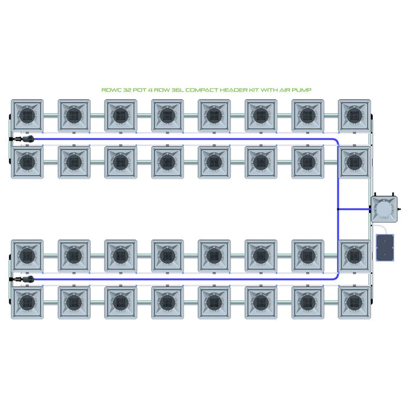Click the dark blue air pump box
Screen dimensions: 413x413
tap(385, 248)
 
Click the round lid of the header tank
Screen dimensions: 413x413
tap(384, 209)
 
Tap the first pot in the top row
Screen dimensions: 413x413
tap(27, 116)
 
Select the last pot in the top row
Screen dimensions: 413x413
tap(354, 116)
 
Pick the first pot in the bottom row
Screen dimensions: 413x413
tap(27, 303)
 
